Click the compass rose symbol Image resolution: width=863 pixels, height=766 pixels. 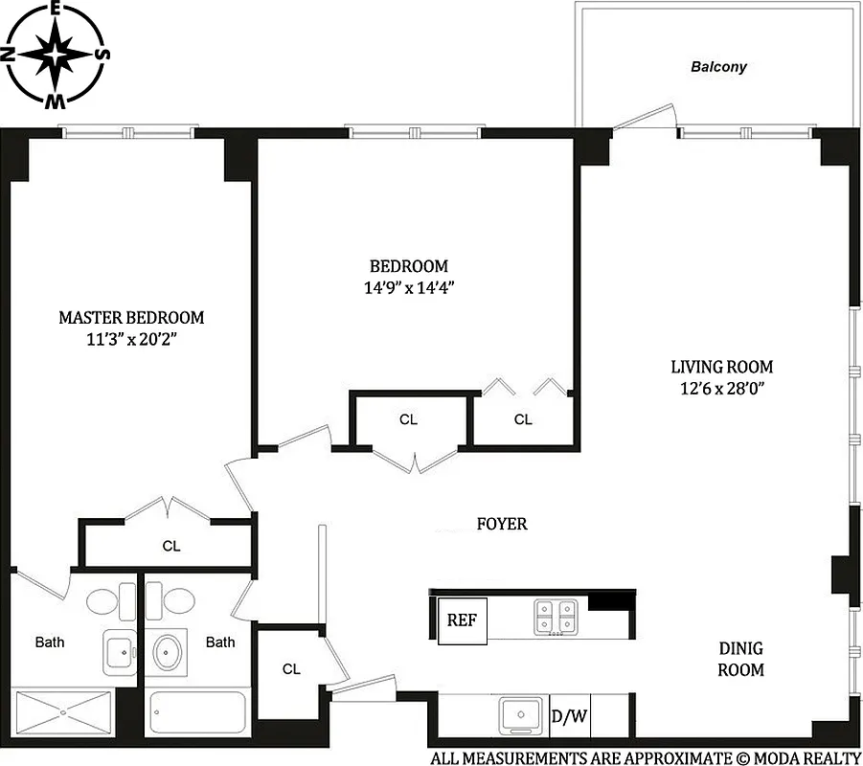[x=57, y=55]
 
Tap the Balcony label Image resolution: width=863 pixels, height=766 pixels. [x=719, y=67]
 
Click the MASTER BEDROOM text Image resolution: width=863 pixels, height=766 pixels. [x=131, y=317]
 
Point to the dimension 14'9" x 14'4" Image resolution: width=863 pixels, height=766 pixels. [x=409, y=287]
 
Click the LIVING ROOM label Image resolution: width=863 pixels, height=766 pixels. [x=721, y=366]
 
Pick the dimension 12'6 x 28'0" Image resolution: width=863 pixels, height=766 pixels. [x=721, y=388]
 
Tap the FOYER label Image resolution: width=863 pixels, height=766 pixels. [x=502, y=524]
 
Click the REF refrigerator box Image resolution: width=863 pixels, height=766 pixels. [x=463, y=620]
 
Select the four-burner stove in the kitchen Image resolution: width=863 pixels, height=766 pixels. [x=556, y=616]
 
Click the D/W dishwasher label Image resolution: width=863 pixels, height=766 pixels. [x=570, y=716]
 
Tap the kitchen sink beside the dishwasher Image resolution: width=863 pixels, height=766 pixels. [x=522, y=715]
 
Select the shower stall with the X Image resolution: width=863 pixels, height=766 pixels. [x=63, y=711]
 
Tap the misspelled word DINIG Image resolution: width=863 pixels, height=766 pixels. [x=741, y=648]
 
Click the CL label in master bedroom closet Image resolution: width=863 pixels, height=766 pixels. [x=170, y=546]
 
